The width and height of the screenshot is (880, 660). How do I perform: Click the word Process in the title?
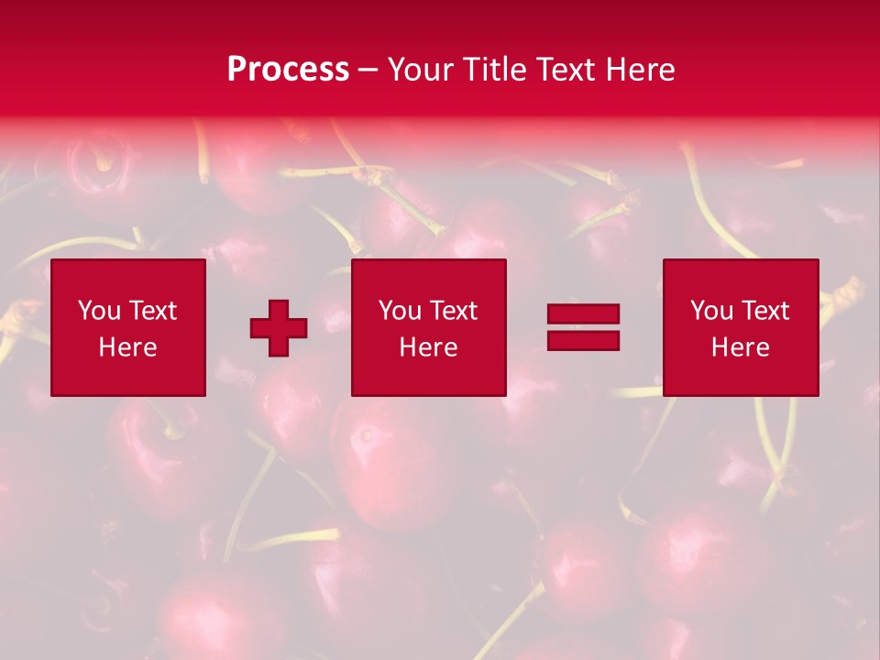288,70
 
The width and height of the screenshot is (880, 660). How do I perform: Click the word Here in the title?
643,70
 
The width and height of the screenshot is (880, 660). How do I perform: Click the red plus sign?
279,327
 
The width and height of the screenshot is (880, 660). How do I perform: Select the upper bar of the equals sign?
583,314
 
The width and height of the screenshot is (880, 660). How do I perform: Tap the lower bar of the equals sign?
583,340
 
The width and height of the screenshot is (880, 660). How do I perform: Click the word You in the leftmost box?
98,311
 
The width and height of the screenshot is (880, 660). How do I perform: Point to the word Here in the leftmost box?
127,347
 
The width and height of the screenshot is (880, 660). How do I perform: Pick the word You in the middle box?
399,311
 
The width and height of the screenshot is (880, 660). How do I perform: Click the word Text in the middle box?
453,311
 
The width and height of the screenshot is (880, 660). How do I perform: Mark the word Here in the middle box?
428,347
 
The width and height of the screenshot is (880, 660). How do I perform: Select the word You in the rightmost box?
710,311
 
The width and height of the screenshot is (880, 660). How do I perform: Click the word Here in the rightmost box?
740,347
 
